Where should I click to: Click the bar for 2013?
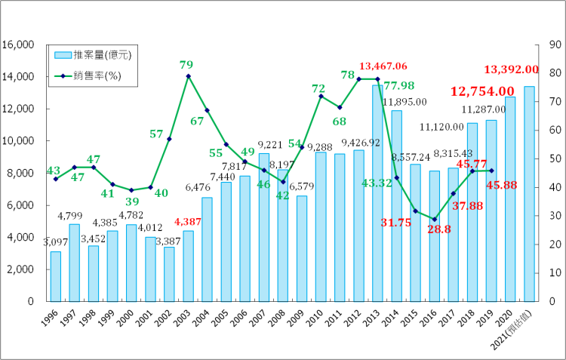tap(377, 193)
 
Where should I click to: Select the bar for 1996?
tap(55, 276)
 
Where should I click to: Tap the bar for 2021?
tap(529, 194)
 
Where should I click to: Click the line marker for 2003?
tap(188, 76)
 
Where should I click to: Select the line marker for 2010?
tap(321, 96)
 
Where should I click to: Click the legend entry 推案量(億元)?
tap(90, 55)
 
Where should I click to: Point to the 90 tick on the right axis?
tap(546, 45)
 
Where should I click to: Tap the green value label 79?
tap(186, 65)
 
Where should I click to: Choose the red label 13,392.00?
tap(511, 69)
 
